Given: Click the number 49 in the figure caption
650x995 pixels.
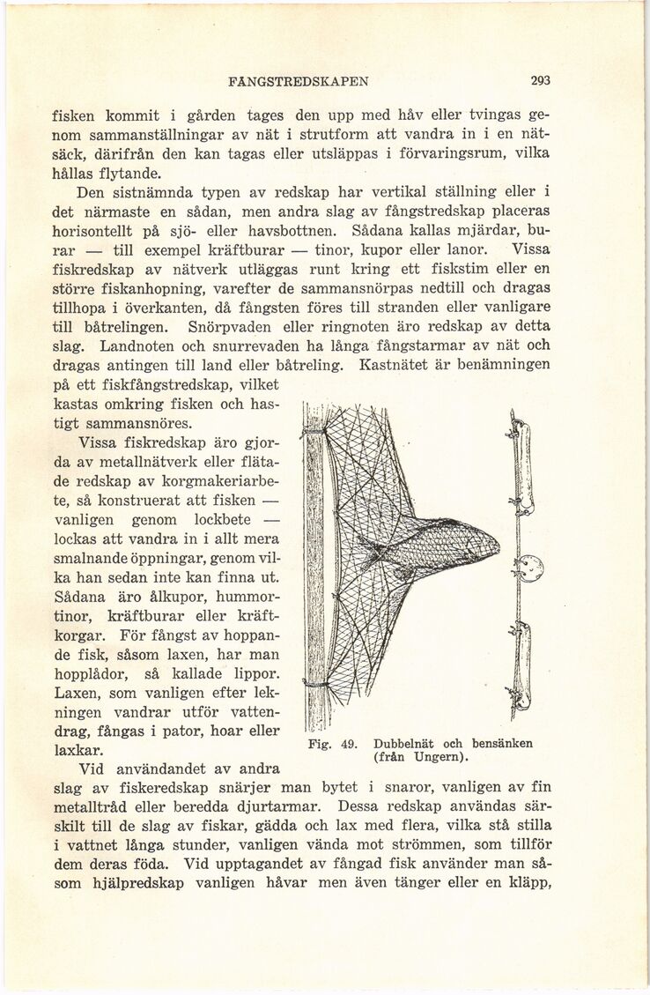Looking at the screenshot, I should point(343,743).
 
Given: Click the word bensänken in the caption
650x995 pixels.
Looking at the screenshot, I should point(497,743).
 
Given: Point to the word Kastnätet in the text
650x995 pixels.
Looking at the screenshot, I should point(395,364).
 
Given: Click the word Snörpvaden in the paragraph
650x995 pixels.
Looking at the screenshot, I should point(354,323).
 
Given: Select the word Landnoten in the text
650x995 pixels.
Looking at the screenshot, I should point(137,344).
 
